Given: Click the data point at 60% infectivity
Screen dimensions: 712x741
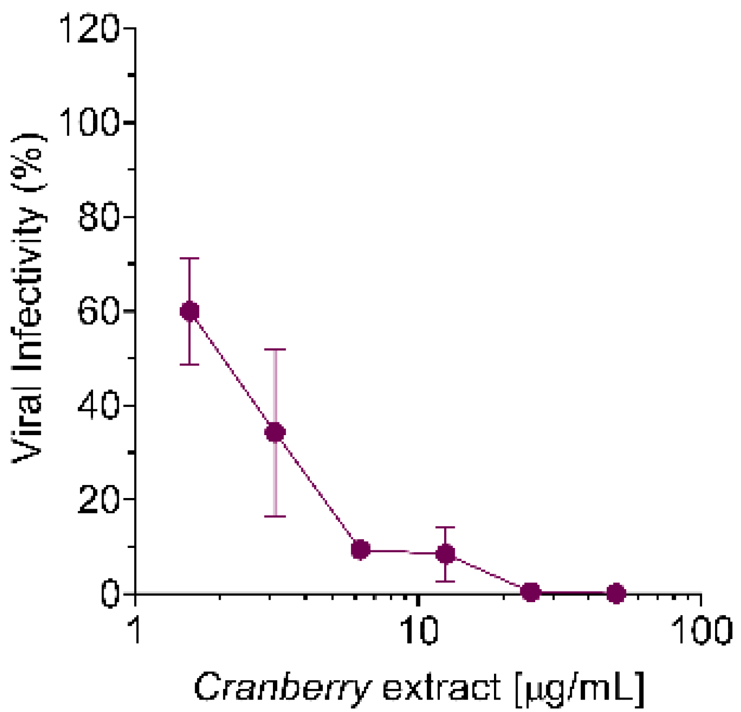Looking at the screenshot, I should pyautogui.click(x=189, y=311).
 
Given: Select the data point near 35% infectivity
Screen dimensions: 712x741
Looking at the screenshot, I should pyautogui.click(x=275, y=433).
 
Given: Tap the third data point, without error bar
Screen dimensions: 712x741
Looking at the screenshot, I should pyautogui.click(x=360, y=549).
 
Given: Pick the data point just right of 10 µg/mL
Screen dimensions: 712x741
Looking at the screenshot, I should pyautogui.click(x=446, y=554).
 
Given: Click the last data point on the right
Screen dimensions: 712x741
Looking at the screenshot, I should pyautogui.click(x=616, y=593).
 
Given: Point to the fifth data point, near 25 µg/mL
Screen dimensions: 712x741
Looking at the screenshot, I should pyautogui.click(x=531, y=593).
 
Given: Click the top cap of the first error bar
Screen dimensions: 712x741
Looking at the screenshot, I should pyautogui.click(x=189, y=259).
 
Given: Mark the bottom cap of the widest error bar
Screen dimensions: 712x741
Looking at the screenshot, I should pyautogui.click(x=275, y=517).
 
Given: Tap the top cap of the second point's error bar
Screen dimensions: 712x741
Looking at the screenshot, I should pyautogui.click(x=275, y=350).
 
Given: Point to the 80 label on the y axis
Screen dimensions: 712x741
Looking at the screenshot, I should pyautogui.click(x=98, y=217).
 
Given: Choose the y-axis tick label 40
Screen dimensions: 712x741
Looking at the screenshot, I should pyautogui.click(x=98, y=405).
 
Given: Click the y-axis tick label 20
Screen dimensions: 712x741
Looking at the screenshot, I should pyautogui.click(x=98, y=499).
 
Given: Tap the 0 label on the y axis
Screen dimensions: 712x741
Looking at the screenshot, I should pyautogui.click(x=110, y=594).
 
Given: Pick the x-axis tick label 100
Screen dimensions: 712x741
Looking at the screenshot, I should pyautogui.click(x=701, y=629).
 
